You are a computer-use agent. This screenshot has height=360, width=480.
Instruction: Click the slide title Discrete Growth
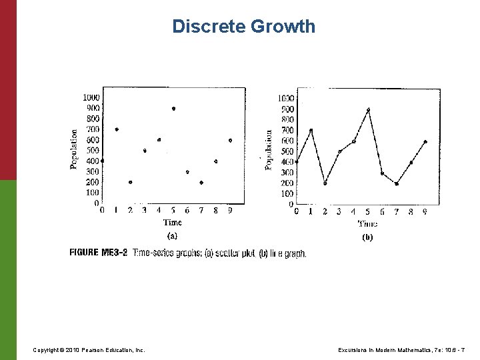pos(243,27)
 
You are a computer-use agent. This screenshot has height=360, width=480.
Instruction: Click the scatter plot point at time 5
pos(173,108)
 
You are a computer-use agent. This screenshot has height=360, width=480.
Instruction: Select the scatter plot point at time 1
pos(117,129)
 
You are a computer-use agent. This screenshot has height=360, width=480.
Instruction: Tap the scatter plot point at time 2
pos(131,182)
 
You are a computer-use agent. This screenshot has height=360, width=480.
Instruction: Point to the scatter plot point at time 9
pos(230,140)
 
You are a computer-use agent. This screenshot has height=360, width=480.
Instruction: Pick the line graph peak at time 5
pos(368,109)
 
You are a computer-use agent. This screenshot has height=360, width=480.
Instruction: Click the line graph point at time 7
pos(396,183)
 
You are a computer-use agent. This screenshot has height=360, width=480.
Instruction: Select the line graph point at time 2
pos(325,183)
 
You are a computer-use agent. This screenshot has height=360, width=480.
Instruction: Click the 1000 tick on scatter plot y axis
pos(91,97)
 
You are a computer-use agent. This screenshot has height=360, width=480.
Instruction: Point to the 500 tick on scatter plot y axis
pos(92,150)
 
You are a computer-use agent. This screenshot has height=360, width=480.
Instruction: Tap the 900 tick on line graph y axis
pos(287,109)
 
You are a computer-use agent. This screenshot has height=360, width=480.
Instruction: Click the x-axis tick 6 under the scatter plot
pos(187,211)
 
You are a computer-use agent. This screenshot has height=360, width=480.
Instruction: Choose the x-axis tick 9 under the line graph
pos(425,211)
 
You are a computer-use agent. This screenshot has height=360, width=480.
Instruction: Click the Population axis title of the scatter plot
pos(74,149)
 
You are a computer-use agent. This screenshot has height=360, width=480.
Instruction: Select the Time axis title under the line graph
pos(367,224)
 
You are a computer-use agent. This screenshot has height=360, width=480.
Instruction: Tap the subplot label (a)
pos(172,235)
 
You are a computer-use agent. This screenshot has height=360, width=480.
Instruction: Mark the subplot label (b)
pos(367,237)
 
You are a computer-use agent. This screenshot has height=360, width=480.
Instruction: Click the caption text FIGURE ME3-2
pos(99,253)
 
